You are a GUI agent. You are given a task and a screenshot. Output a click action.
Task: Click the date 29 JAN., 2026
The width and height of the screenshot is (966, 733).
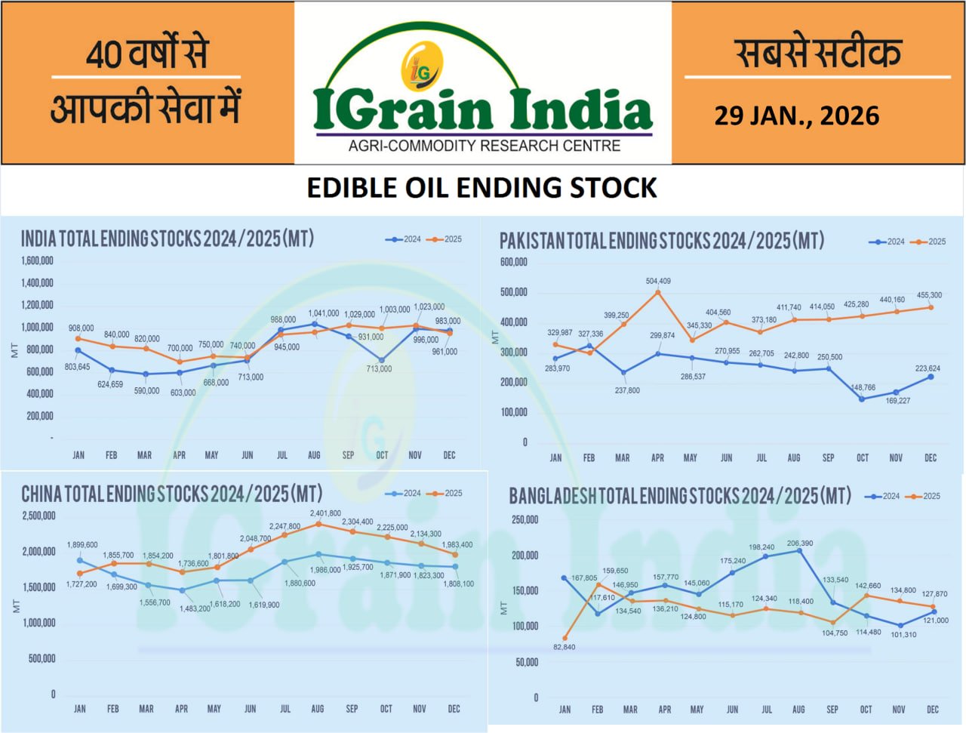click(x=796, y=115)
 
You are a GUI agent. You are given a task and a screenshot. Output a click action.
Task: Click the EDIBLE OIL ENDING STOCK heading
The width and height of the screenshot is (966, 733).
click(x=481, y=188)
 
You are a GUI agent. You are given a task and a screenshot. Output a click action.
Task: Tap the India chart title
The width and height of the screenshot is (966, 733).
click(x=167, y=239)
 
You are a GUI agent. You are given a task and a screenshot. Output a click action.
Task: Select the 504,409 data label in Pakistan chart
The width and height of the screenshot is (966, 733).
click(x=658, y=281)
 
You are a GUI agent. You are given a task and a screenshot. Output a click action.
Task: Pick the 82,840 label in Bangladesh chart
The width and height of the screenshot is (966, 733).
click(x=564, y=647)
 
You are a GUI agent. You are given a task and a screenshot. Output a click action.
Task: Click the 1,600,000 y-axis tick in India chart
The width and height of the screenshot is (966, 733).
click(x=37, y=261)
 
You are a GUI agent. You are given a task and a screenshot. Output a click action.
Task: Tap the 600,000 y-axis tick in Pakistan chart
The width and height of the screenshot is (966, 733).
click(x=513, y=262)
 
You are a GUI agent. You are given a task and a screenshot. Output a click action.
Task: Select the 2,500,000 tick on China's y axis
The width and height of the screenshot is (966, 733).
click(x=38, y=516)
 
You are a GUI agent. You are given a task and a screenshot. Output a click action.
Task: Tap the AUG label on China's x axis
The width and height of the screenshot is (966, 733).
click(x=318, y=709)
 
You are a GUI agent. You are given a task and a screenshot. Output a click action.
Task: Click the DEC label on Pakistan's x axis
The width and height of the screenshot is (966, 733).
click(x=931, y=457)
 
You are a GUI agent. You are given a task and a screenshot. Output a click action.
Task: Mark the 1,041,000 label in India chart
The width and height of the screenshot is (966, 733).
click(x=324, y=313)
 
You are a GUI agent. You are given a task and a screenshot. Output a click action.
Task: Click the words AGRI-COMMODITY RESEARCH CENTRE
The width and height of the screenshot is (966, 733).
click(x=484, y=146)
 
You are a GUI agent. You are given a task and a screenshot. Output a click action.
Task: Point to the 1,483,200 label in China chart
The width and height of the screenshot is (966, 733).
click(x=195, y=608)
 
